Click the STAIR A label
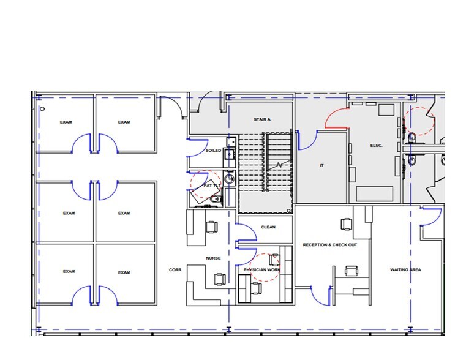tap(262, 119)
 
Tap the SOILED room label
tap(213, 150)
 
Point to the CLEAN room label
tap(268, 227)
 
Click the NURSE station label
tap(212, 258)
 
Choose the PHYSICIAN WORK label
tap(261, 270)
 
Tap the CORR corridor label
tap(175, 270)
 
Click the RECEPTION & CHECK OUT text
tap(330, 245)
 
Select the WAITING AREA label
tap(405, 270)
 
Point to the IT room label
tap(321, 166)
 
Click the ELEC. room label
tap(377, 145)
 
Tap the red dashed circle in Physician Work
tap(266, 268)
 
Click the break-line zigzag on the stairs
tap(279, 166)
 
